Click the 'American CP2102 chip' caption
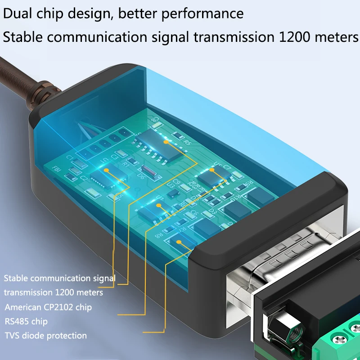click(48, 307)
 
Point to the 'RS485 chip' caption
click(26, 321)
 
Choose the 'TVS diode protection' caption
click(45, 335)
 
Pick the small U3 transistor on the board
click(172, 191)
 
